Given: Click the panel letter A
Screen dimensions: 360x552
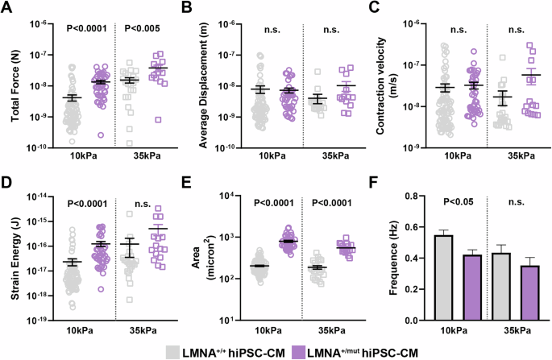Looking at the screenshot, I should pyautogui.click(x=7, y=9).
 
